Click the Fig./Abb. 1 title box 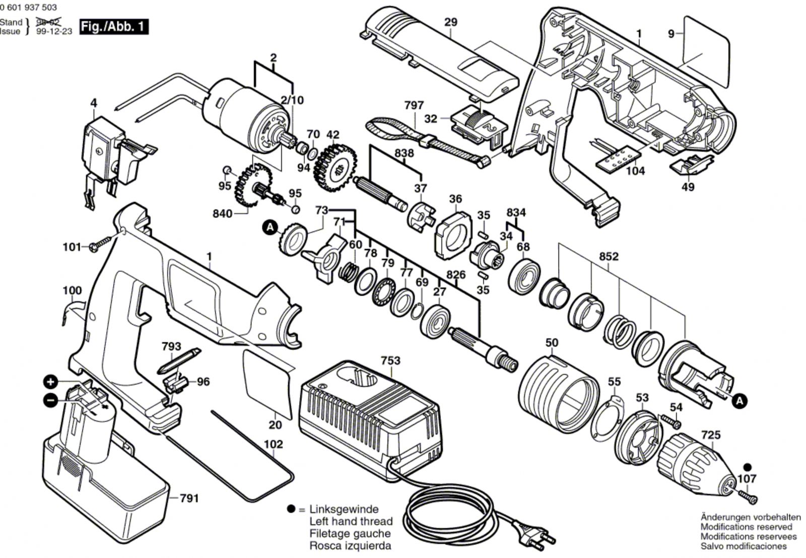(x=114, y=27)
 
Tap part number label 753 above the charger (x=390, y=361)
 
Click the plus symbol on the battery (x=50, y=382)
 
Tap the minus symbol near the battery (x=50, y=400)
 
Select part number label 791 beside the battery (x=189, y=499)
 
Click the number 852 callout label (x=609, y=256)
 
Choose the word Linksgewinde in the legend (x=344, y=509)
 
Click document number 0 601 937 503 (x=29, y=7)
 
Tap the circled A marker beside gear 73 (x=270, y=228)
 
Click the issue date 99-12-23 (x=54, y=31)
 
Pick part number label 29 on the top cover (x=450, y=22)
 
